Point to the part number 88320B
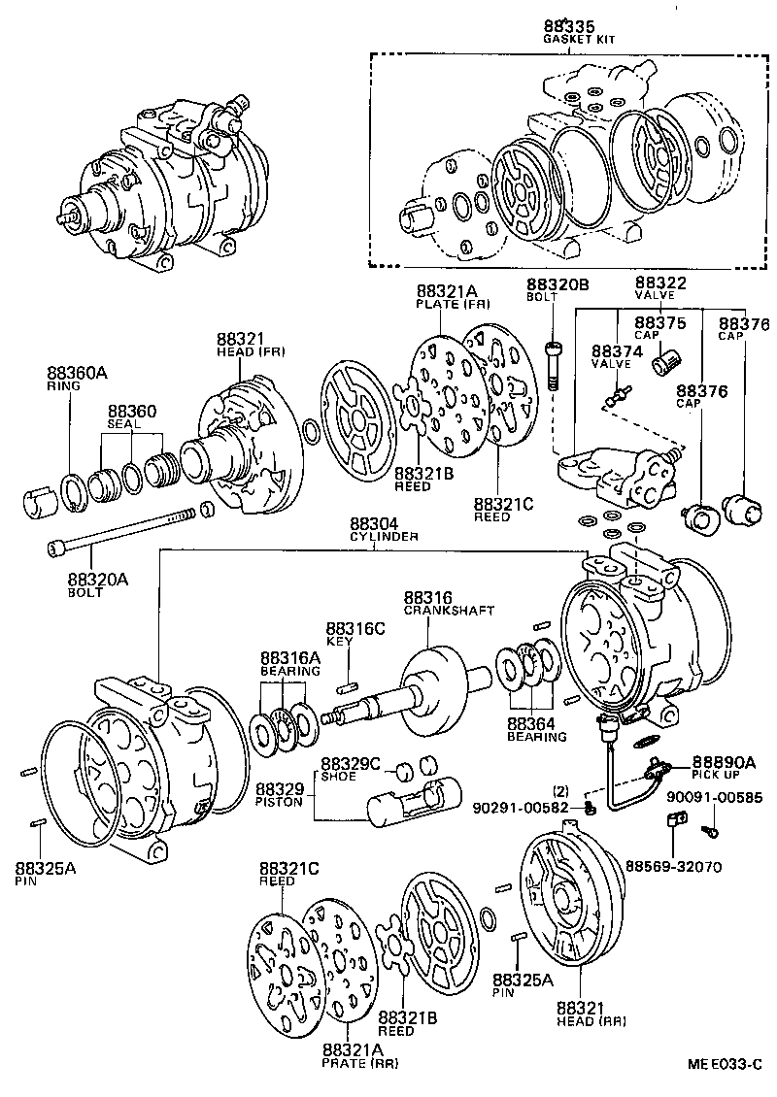coord(557,283)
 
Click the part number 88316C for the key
coord(355,628)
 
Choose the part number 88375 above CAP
coord(660,322)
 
